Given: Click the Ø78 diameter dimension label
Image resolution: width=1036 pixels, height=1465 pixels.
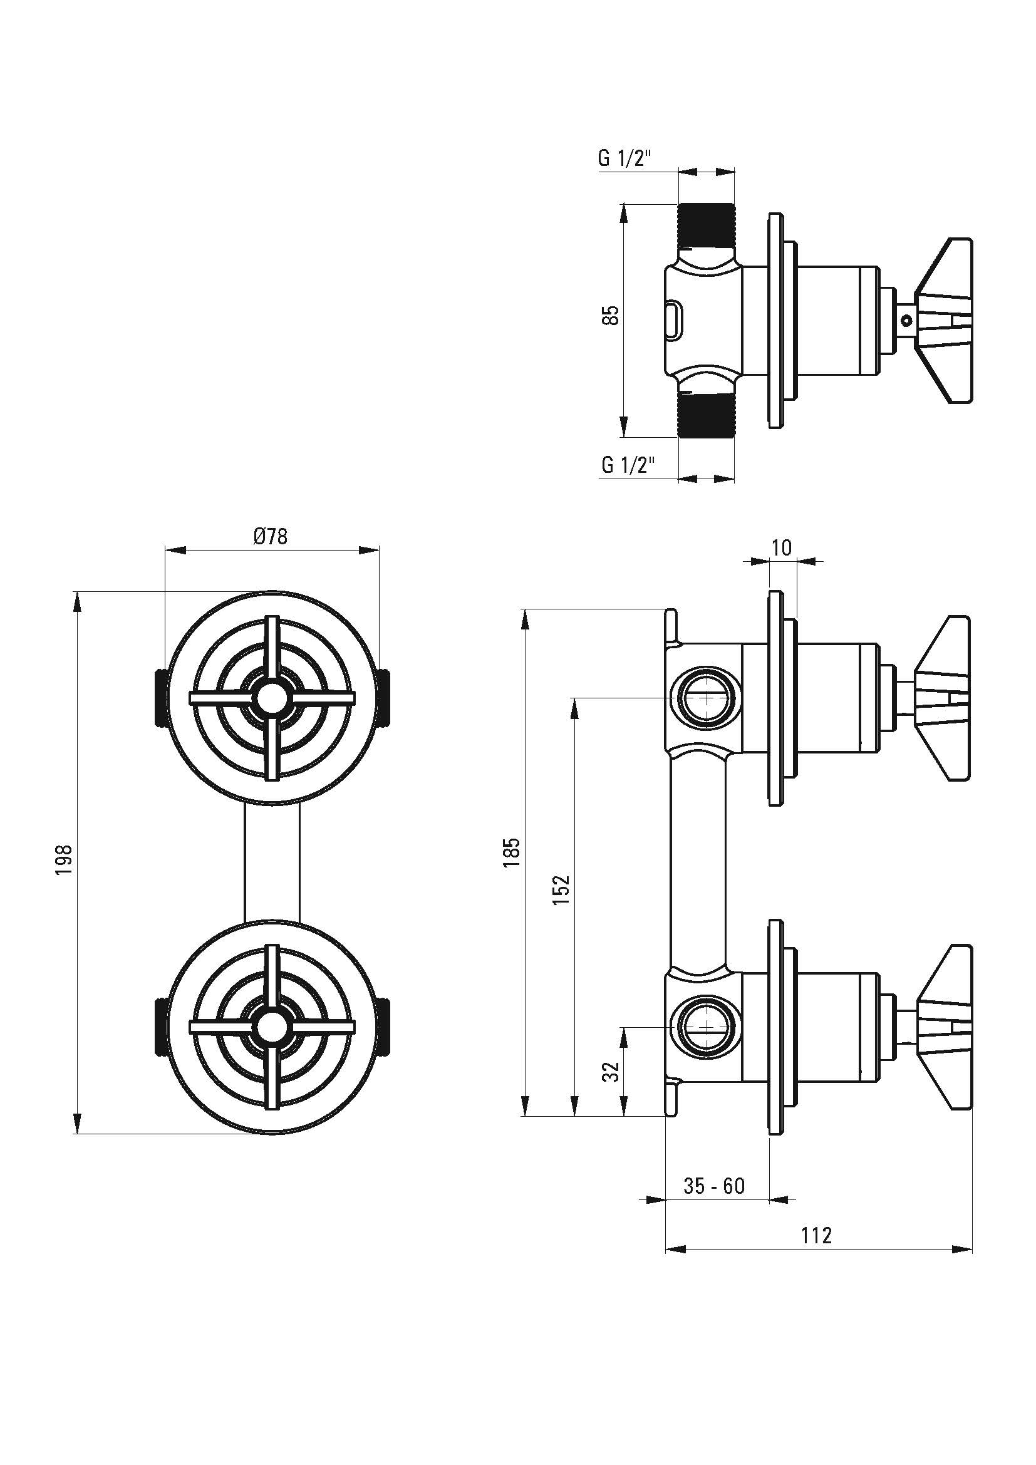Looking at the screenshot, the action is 271,537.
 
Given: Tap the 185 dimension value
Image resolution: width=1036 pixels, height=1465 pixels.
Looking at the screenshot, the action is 512,852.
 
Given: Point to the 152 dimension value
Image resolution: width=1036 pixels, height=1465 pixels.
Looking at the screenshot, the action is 561,889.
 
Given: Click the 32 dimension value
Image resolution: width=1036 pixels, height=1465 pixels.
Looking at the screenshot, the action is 611,1072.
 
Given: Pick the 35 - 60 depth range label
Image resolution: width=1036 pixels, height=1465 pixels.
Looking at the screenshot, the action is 714,1186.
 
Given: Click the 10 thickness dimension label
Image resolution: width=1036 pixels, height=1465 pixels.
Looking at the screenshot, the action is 782,547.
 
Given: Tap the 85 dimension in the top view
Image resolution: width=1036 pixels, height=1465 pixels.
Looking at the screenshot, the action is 611,315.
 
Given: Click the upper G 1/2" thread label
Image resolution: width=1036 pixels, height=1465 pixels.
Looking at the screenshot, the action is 624,158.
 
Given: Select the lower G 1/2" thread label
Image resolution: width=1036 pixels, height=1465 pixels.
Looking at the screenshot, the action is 628,465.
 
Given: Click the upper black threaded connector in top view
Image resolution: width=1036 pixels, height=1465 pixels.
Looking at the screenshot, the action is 705,227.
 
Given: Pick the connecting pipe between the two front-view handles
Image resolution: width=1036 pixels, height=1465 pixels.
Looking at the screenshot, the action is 272,862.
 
